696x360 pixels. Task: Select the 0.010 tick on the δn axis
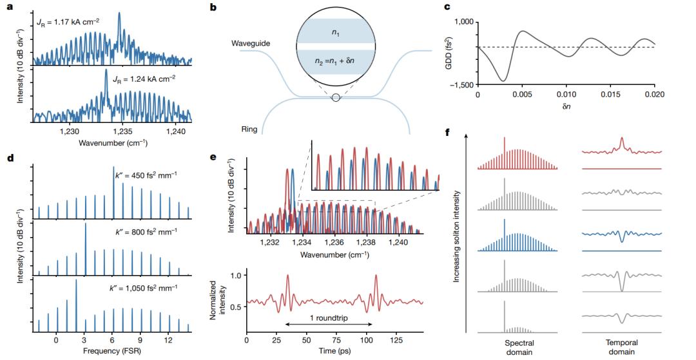tap(566, 94)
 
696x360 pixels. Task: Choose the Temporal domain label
tap(621, 347)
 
